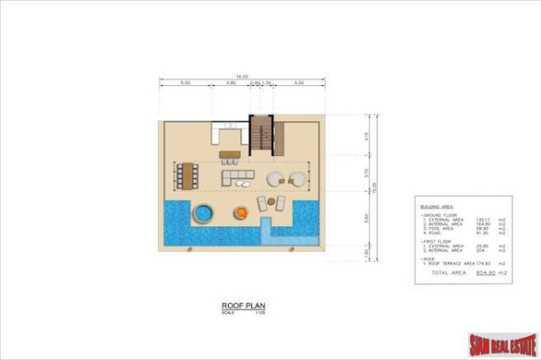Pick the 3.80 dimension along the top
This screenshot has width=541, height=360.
click(230, 84)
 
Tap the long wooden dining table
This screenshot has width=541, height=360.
click(187, 175)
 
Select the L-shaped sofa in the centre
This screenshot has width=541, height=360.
click(237, 178)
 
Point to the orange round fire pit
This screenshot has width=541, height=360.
click(240, 213)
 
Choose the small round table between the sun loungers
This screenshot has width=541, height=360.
click(272, 203)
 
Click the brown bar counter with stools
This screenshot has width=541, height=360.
click(229, 156)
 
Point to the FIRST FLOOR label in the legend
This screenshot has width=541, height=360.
click(438, 240)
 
